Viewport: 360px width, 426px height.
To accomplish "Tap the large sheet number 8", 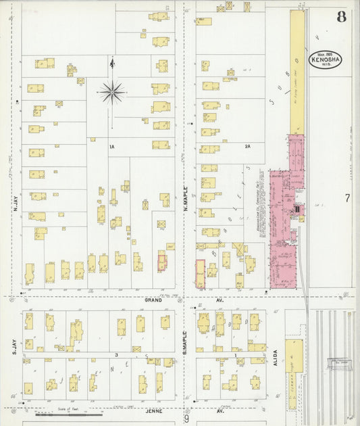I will [341, 17].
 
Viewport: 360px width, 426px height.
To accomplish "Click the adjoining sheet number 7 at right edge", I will [346, 198].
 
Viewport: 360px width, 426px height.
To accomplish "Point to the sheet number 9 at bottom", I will [186, 419].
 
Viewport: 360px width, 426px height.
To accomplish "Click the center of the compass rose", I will [112, 91].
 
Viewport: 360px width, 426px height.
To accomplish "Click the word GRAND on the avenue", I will [152, 299].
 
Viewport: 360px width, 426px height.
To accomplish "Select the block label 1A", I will [113, 146].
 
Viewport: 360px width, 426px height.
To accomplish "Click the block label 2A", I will [248, 146].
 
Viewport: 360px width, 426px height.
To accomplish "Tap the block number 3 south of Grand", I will [117, 354].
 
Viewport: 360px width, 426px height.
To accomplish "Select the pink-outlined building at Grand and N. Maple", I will [200, 274].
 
